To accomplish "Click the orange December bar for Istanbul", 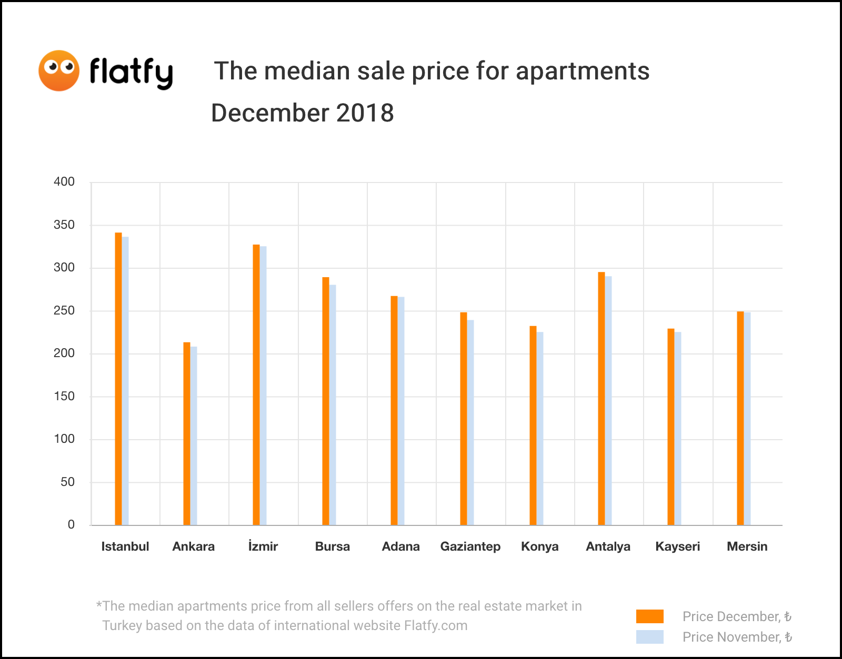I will click(x=118, y=379).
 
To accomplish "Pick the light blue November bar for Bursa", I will click(x=333, y=404).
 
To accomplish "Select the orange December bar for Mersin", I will click(x=740, y=418).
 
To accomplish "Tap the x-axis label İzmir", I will click(x=263, y=546).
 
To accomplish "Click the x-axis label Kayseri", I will click(x=677, y=546).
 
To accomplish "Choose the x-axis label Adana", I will click(x=400, y=546).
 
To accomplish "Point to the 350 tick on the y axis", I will click(x=64, y=225).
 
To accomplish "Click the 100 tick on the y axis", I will click(x=64, y=439).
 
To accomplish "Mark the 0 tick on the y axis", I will click(x=71, y=524).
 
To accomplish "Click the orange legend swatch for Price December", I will click(x=649, y=616).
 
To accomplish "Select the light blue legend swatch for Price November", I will click(x=649, y=637).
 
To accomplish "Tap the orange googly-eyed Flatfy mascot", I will click(x=59, y=70).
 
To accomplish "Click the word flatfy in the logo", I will click(x=131, y=72).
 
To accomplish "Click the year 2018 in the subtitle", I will click(x=365, y=113).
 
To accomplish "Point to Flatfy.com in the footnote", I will click(x=436, y=625).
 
